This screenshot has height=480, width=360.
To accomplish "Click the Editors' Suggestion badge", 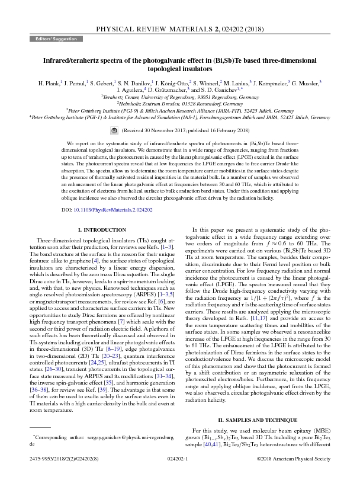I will coord(52,38).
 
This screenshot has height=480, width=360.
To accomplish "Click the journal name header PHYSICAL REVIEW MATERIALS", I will coord(151,28).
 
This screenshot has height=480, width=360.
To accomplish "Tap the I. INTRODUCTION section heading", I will coord(98,229).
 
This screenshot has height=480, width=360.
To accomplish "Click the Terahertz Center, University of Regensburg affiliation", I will coord(179,97).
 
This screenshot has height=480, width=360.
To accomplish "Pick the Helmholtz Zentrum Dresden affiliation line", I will coord(179,103).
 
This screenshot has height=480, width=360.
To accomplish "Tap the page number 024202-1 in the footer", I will coord(178,459).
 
